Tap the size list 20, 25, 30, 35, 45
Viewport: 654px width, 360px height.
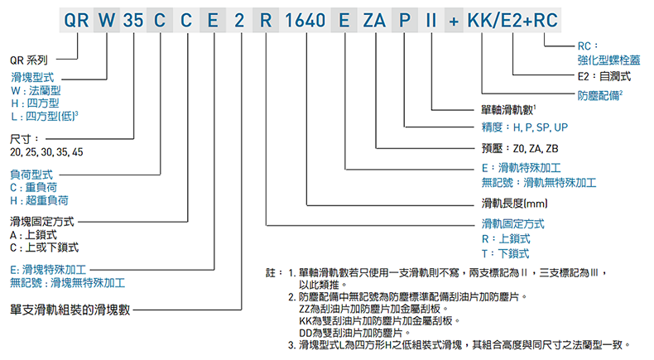coord(46,153)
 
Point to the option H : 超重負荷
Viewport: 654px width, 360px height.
coord(39,200)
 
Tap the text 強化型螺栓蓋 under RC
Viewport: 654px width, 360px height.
coord(609,60)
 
